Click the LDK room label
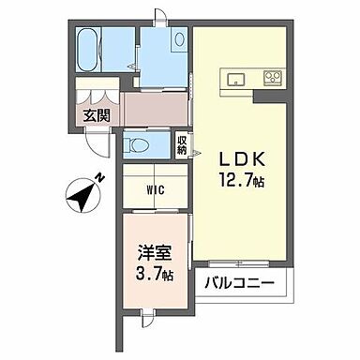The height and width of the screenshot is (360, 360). click(242, 157)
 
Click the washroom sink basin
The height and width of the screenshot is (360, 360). click(180, 38)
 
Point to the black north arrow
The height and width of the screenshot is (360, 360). click(82, 197)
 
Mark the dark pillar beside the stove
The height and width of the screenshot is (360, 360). click(272, 95)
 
